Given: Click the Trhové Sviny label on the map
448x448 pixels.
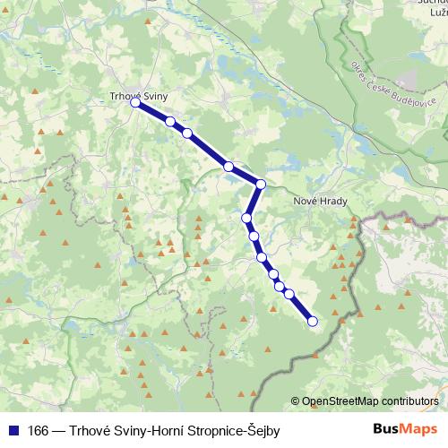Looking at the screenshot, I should pos(139,92).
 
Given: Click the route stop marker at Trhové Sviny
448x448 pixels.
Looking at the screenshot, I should pos(136,104).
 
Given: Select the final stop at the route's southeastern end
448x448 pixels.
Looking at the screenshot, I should pos(313,321).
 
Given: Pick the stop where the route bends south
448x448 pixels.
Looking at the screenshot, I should pos(261,185).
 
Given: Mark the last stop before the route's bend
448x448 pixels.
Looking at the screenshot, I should pos(228,167).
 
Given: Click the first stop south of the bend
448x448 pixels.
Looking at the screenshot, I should pos(246,218).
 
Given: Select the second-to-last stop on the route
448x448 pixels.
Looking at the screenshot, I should pos(289,293).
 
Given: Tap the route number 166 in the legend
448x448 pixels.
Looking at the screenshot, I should pos(39,431).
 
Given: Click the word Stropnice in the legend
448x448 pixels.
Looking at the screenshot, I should pos(210,431).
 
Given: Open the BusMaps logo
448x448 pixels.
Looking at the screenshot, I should pos(405,430).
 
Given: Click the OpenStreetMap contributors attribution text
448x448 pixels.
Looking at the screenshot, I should pos(371,401).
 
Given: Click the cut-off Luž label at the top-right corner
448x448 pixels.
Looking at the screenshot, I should pos(436,11).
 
